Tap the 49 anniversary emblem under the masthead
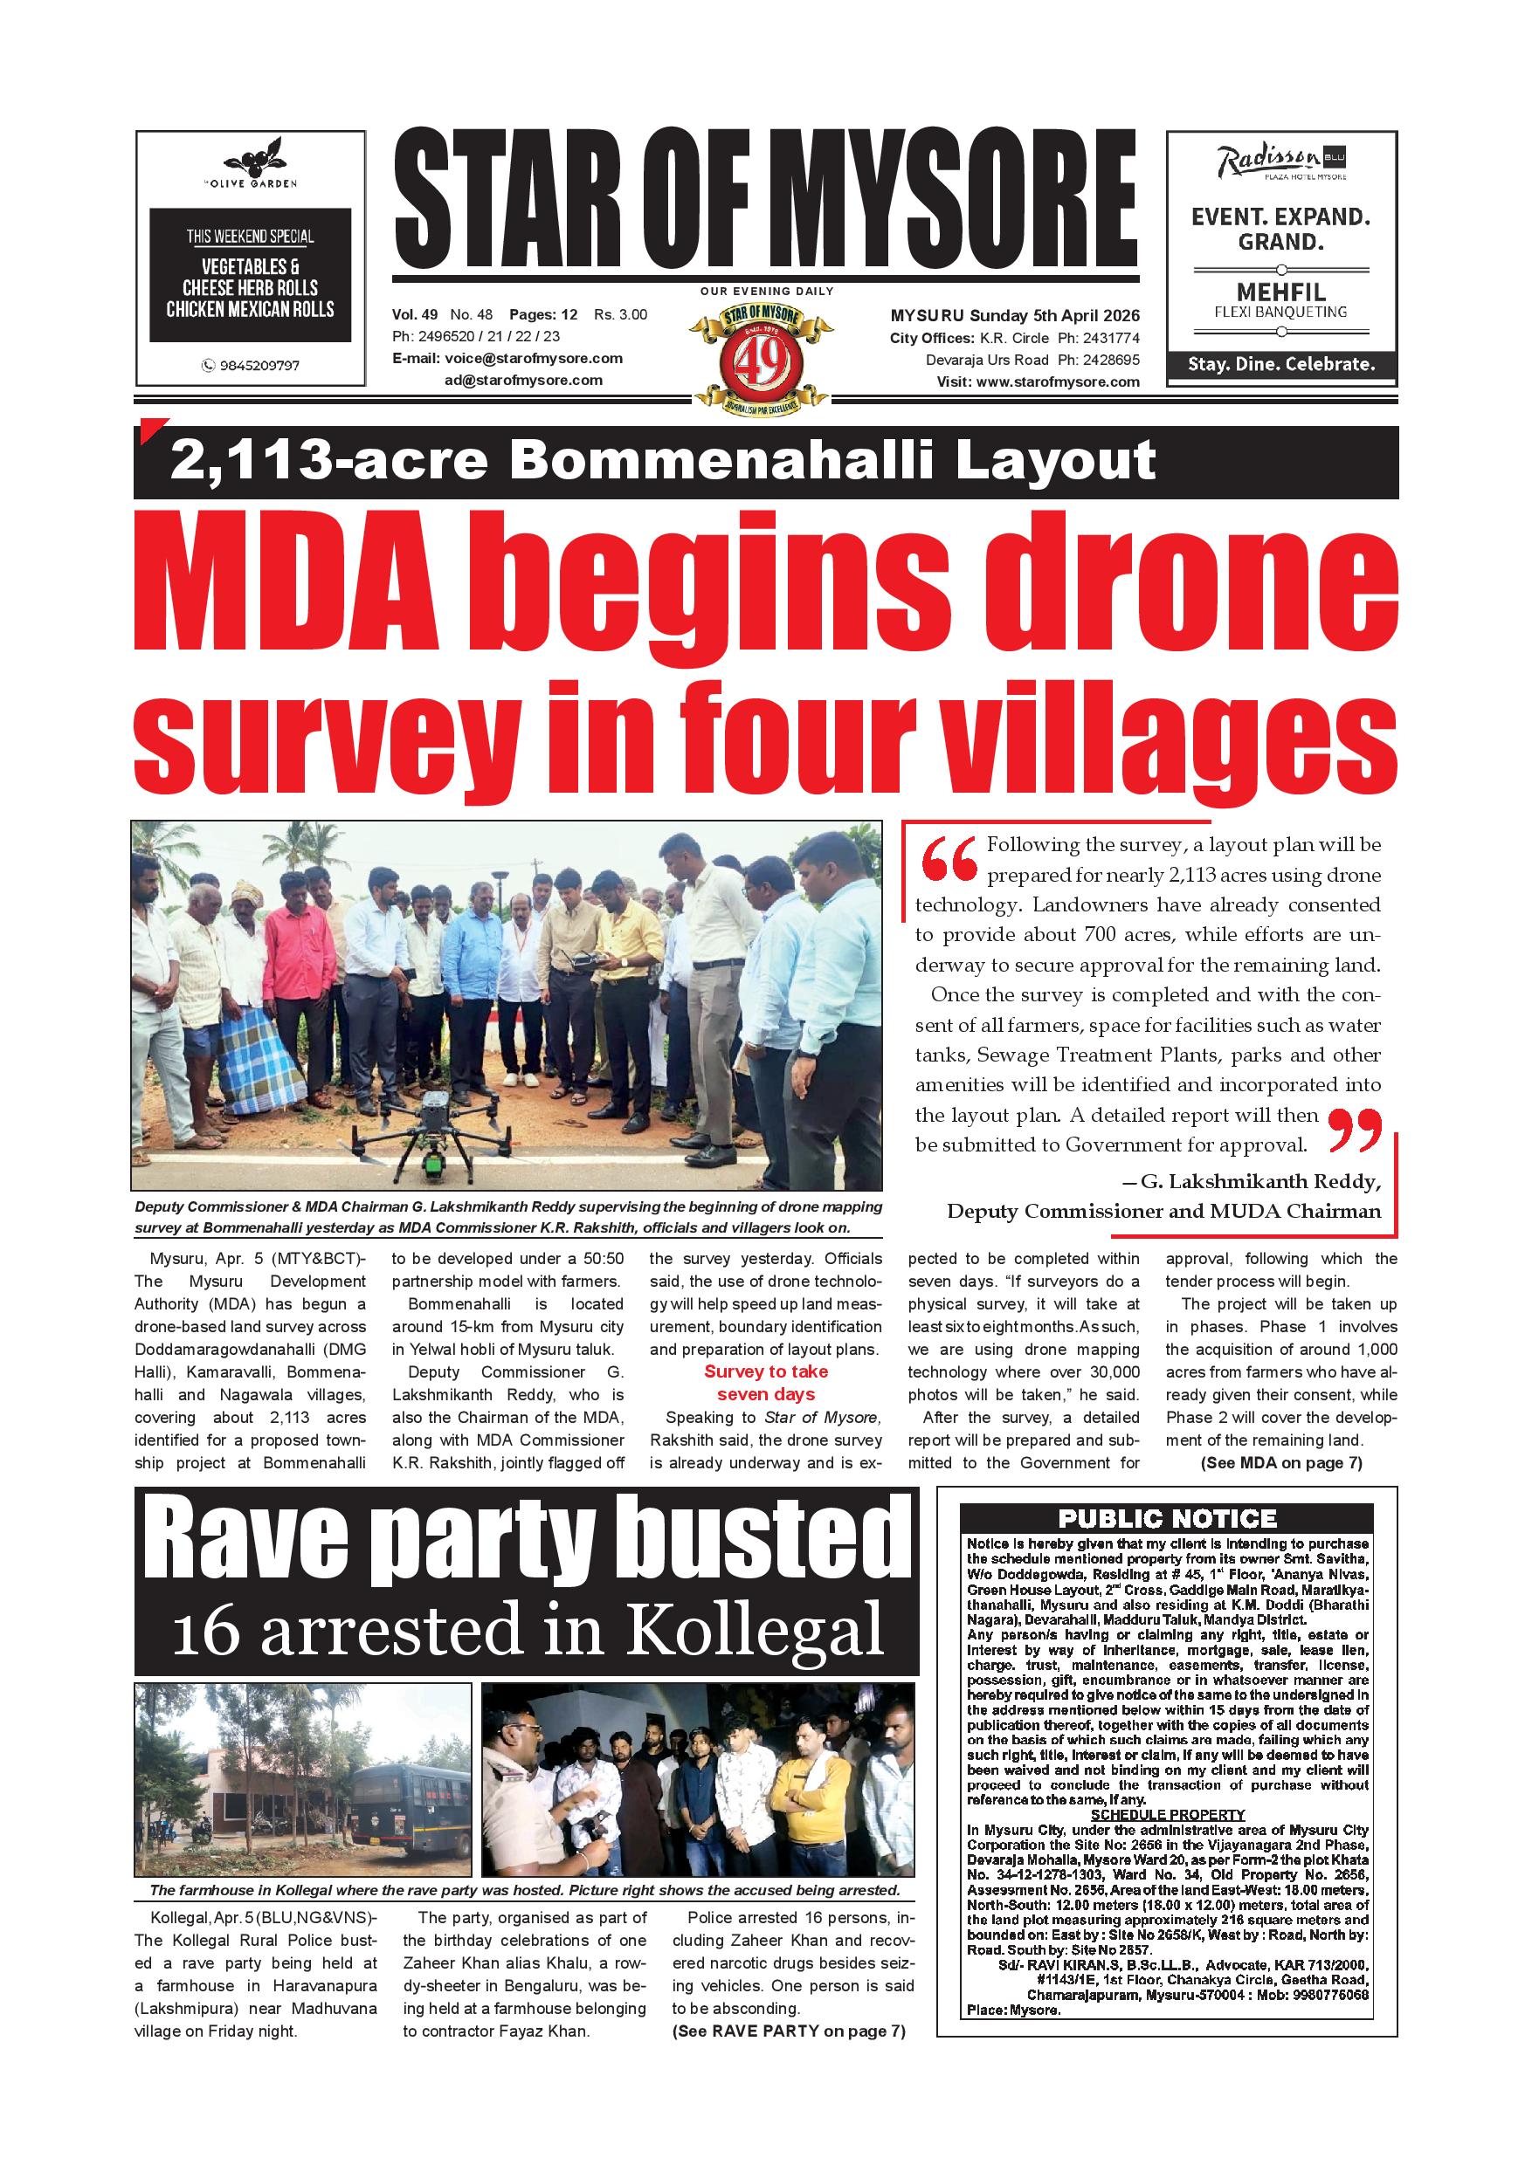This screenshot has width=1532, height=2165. [763, 357]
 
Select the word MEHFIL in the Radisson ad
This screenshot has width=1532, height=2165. [1280, 292]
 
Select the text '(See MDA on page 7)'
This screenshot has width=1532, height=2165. [1280, 1463]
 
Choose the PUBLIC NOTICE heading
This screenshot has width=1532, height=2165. [1167, 1518]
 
